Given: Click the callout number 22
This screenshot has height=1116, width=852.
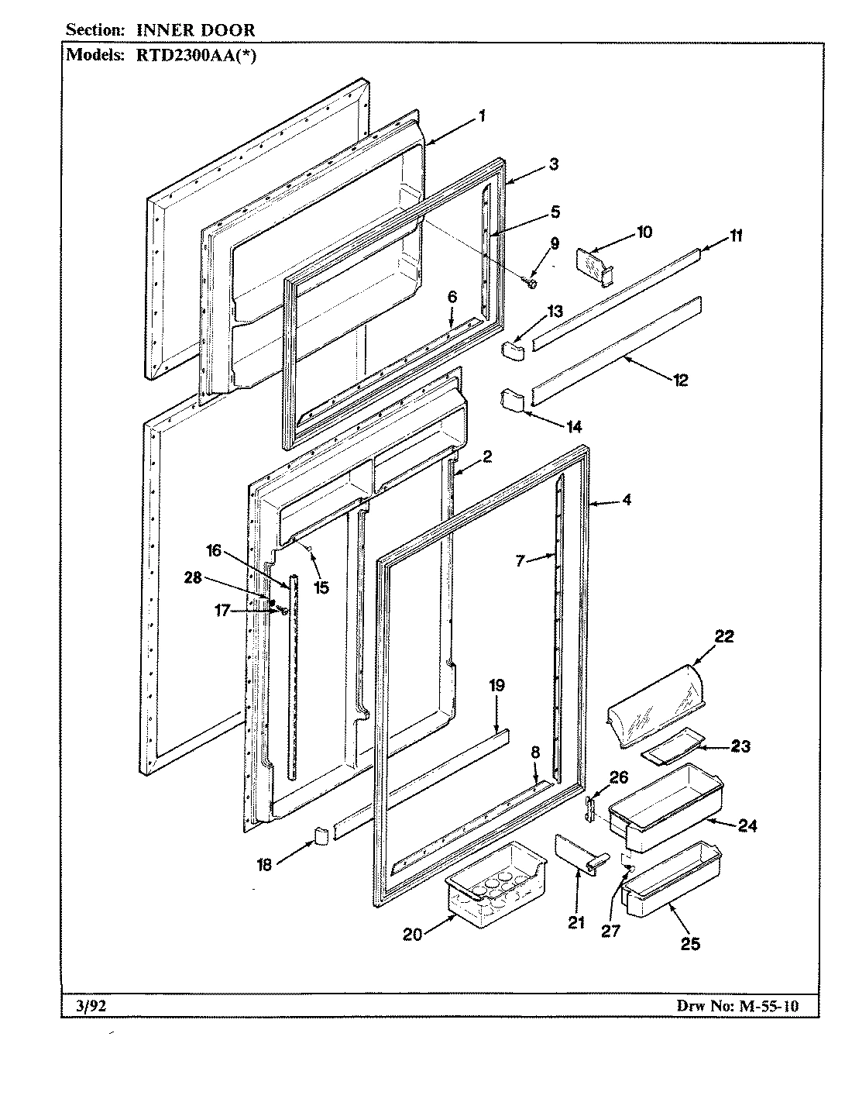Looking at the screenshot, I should pyautogui.click(x=723, y=636).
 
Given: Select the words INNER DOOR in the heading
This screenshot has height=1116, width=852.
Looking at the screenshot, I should pyautogui.click(x=196, y=30).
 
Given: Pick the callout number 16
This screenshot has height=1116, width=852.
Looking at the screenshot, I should pyautogui.click(x=213, y=550).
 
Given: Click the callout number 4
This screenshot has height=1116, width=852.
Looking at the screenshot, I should pyautogui.click(x=626, y=501).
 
